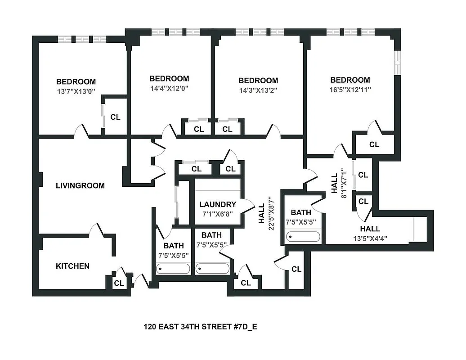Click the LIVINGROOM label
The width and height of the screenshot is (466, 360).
(x=80, y=185)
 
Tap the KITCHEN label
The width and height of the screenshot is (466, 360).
(x=72, y=266)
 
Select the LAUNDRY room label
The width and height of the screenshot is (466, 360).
(x=218, y=204)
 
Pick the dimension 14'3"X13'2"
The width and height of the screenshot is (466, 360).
(x=258, y=90)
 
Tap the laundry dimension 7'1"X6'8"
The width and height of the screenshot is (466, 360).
(x=218, y=214)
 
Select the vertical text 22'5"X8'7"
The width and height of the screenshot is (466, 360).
(x=270, y=213)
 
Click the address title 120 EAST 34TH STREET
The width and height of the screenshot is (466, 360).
(x=200, y=327)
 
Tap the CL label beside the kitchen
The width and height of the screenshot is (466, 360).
(x=119, y=283)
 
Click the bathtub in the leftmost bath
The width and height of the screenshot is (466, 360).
(x=173, y=269)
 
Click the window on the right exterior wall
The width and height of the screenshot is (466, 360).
(x=397, y=62)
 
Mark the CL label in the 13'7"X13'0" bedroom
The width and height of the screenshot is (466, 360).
(x=115, y=117)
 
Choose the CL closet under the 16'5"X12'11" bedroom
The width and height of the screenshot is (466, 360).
(x=374, y=144)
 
